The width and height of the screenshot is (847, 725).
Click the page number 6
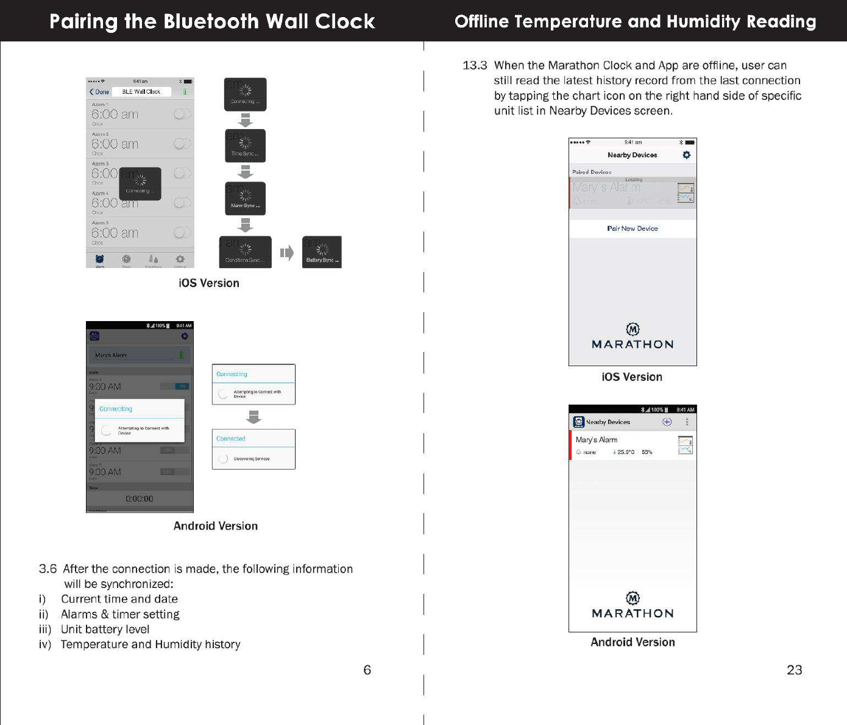(367, 670)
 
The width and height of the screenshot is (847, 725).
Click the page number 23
(794, 670)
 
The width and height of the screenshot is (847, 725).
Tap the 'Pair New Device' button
(633, 228)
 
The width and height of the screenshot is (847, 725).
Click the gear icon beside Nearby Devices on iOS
(687, 155)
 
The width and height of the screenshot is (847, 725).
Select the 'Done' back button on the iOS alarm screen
(99, 92)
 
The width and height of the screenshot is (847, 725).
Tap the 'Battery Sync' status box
(322, 252)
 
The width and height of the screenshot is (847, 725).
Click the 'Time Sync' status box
(245, 146)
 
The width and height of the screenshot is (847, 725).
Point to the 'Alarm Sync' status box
(245, 199)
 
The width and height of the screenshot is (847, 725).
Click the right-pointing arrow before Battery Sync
(286, 253)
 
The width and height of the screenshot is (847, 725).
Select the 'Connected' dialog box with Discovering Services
(253, 449)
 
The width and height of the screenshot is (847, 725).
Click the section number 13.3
(475, 65)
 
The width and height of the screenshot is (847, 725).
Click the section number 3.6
(48, 569)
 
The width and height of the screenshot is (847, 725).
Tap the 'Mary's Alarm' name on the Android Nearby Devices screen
(597, 440)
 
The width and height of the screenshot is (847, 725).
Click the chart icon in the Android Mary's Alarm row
(686, 445)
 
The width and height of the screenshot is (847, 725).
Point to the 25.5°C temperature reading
(625, 452)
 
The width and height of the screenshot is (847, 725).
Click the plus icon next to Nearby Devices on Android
(667, 422)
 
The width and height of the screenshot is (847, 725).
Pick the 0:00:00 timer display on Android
(139, 499)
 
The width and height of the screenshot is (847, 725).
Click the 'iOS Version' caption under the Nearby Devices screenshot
(632, 377)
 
